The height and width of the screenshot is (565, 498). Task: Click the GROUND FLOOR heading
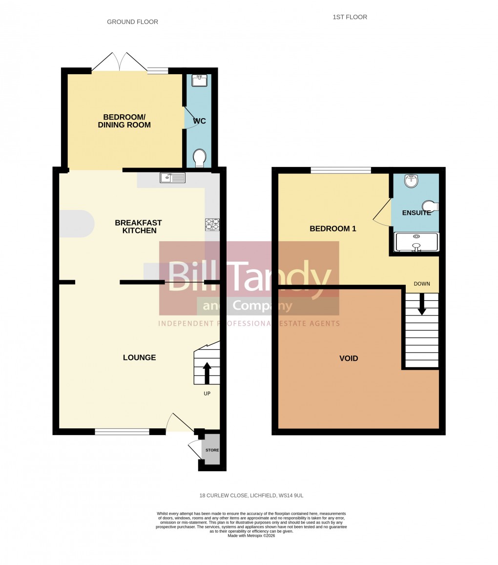tap(132, 22)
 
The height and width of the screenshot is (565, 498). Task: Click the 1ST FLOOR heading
tap(350, 17)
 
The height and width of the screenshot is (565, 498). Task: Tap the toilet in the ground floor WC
tap(199, 158)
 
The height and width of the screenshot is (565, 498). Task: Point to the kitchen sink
tap(172, 178)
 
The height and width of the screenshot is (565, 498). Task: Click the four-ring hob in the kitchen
tap(212, 225)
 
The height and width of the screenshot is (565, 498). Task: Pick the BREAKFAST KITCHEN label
tap(138, 227)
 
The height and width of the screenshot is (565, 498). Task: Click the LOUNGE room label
tap(139, 357)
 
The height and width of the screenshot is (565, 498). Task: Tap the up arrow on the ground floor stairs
tap(207, 373)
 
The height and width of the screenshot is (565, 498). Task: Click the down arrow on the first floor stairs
tap(422, 304)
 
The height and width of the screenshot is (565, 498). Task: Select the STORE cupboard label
tap(212, 450)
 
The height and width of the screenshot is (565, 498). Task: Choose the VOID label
tap(349, 358)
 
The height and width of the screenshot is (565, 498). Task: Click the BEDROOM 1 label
tap(333, 229)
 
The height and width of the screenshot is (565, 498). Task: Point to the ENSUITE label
tap(416, 213)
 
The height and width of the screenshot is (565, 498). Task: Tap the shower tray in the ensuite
tap(416, 242)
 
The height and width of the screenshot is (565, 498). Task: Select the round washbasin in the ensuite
tap(412, 181)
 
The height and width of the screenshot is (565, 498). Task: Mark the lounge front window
tap(122, 432)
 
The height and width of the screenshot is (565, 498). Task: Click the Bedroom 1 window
tap(341, 170)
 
